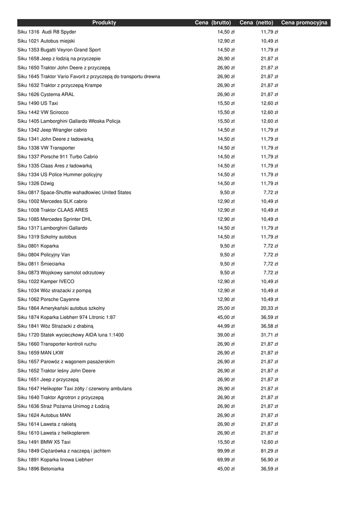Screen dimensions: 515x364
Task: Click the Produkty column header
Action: [104, 23]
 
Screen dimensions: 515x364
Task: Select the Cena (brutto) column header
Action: [213, 23]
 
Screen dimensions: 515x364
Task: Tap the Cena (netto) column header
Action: [257, 23]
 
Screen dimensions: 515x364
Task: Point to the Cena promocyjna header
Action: [304, 23]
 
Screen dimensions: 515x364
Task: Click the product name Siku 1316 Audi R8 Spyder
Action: [47, 32]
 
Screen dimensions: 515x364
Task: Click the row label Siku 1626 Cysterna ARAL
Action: [46, 94]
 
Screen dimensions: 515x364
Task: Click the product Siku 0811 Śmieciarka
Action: [41, 264]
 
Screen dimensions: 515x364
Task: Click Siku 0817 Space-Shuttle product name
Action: [74, 192]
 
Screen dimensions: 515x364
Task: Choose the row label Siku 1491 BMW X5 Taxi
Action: [44, 442]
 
